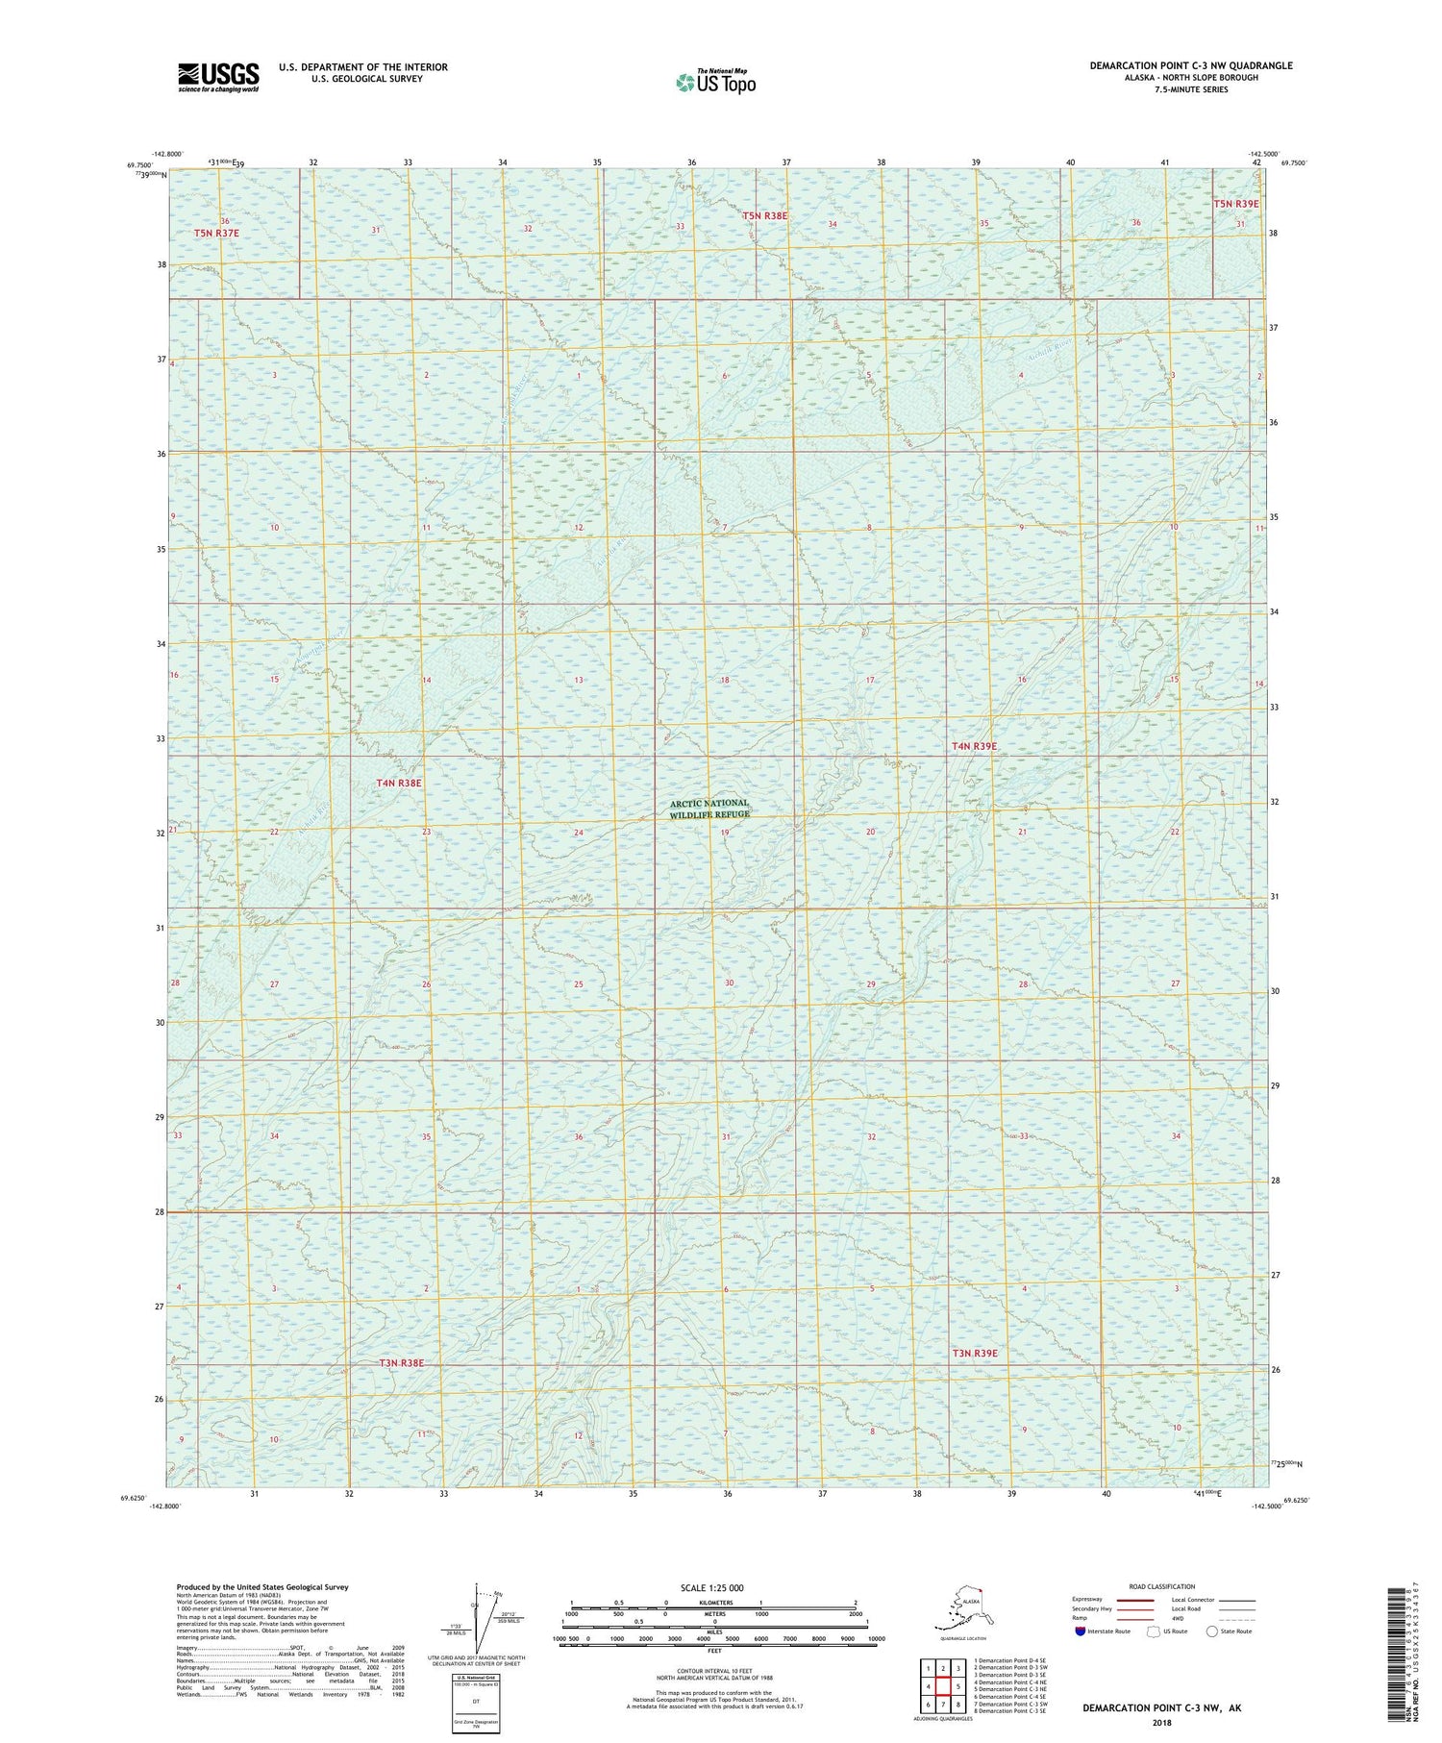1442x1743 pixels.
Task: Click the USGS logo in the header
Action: coord(218,77)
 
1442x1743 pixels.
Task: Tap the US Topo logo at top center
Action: coord(715,82)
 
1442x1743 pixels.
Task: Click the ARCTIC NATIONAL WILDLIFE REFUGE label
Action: coord(709,809)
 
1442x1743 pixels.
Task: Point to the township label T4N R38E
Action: coord(399,784)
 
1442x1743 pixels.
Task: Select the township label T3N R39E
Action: coord(975,1353)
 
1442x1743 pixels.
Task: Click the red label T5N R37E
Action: coord(216,233)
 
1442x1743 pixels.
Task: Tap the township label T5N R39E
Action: coord(1235,204)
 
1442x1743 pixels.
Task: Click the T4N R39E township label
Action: coord(975,746)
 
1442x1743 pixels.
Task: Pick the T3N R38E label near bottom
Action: coord(401,1363)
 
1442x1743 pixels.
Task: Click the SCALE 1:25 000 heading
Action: coord(713,1587)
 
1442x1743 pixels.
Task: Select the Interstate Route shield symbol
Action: coord(1080,1631)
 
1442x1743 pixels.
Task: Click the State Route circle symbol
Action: coord(1211,1631)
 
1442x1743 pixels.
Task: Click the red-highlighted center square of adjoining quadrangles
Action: coord(943,1686)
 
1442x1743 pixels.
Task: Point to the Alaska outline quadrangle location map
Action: coord(963,1610)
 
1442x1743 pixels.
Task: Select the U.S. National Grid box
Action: coord(476,1703)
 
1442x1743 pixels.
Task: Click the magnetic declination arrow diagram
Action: coord(478,1616)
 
